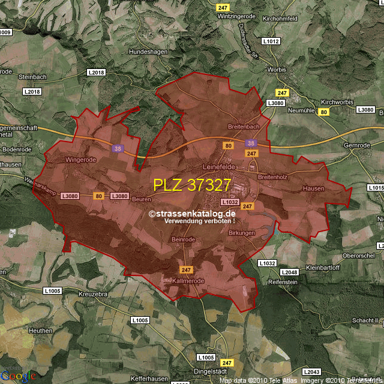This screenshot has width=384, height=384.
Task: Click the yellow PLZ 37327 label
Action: pyautogui.click(x=192, y=185)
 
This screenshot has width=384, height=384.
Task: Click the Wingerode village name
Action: pyautogui.click(x=80, y=160)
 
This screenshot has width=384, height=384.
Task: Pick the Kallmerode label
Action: pyautogui.click(x=188, y=281)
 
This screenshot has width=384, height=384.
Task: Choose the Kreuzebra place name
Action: pyautogui.click(x=92, y=295)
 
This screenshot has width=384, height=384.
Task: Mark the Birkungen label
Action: pyautogui.click(x=242, y=233)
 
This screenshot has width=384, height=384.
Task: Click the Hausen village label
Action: pyautogui.click(x=313, y=188)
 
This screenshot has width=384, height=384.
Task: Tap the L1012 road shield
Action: pyautogui.click(x=271, y=41)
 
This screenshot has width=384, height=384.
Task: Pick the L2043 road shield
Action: pyautogui.click(x=312, y=372)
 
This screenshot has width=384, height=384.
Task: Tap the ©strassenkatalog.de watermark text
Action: pyautogui.click(x=192, y=213)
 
